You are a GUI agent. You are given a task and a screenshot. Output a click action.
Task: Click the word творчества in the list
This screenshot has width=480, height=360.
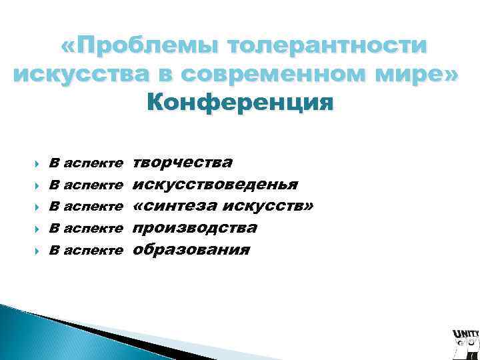click(x=183, y=163)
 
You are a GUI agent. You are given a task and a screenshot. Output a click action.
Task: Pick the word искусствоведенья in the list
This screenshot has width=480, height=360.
click(x=215, y=184)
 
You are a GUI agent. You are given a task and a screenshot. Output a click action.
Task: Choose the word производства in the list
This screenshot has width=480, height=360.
click(x=195, y=228)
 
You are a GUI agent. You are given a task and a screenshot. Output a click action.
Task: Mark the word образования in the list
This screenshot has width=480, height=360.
click(x=191, y=250)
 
